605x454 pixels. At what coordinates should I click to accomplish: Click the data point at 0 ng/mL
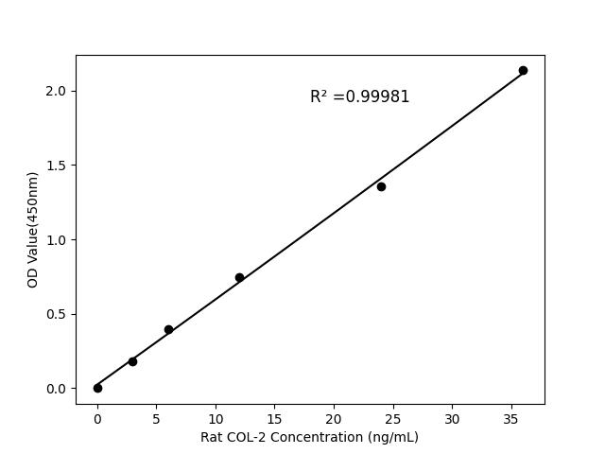pos(97,388)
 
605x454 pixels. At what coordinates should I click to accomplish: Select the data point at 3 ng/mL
pos(132,361)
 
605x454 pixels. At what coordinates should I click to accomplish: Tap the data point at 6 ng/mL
pos(168,329)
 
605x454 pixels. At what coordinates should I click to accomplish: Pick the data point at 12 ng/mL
pos(239,277)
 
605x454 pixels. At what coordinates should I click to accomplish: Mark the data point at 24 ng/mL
pos(381,186)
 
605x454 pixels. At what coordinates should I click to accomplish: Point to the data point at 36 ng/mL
pos(523,70)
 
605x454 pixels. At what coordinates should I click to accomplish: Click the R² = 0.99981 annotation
pos(359,96)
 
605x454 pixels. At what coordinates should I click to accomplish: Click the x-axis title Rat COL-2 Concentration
pos(309,437)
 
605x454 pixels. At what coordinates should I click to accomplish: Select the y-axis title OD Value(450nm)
pos(33,229)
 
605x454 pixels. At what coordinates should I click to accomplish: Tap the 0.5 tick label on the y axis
pos(58,314)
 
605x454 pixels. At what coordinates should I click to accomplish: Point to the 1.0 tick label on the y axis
pos(58,240)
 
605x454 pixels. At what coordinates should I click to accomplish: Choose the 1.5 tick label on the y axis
pos(58,166)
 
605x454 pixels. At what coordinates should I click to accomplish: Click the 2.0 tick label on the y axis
pos(58,91)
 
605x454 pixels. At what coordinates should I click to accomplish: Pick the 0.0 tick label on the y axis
pos(58,389)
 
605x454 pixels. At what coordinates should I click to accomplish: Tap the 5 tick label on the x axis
pos(156,418)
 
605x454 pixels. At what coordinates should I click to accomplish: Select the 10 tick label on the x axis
pos(216,418)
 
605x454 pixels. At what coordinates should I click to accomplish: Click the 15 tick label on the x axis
pos(274,418)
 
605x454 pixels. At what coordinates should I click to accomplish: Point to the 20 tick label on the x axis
pos(334,418)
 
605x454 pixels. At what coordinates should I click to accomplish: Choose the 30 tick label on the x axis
pos(452,418)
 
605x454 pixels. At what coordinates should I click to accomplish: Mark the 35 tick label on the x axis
pos(511,418)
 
